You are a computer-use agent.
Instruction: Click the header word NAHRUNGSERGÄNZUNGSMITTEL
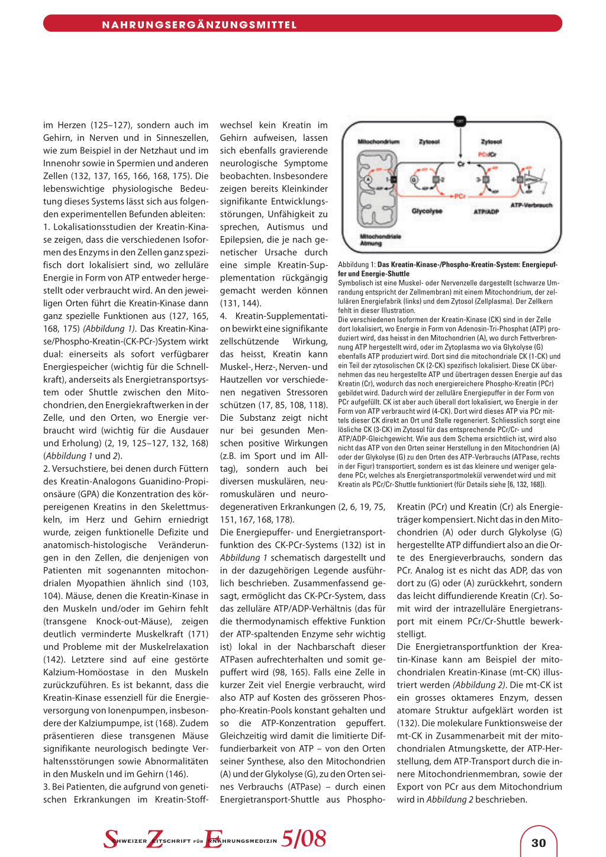pos(199,25)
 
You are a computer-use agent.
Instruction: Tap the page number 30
pos(539,843)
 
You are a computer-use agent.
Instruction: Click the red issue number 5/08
pos(304,839)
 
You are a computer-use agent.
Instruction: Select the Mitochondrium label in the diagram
pos(378,142)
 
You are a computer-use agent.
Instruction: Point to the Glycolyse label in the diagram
pos(427,211)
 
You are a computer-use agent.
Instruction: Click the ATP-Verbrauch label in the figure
pos(531,205)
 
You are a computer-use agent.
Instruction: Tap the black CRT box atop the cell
pos(460,121)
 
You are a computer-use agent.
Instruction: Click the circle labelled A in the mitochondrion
pos(369,180)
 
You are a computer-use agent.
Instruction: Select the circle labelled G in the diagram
pos(414,180)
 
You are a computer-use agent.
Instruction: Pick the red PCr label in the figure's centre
pos(460,196)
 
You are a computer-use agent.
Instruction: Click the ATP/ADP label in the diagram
pos(486,211)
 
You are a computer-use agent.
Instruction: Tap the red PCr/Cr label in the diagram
pos(488,154)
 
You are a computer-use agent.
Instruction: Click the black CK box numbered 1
pos(391,179)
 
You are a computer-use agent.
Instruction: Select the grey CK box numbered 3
pos(485,179)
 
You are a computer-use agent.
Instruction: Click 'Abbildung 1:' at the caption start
pos(357,265)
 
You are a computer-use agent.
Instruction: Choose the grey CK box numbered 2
pos(436,179)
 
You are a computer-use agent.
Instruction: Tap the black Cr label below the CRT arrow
pos(460,163)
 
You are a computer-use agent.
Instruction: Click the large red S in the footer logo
pos(111,839)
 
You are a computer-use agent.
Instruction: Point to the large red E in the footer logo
pos(212,839)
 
